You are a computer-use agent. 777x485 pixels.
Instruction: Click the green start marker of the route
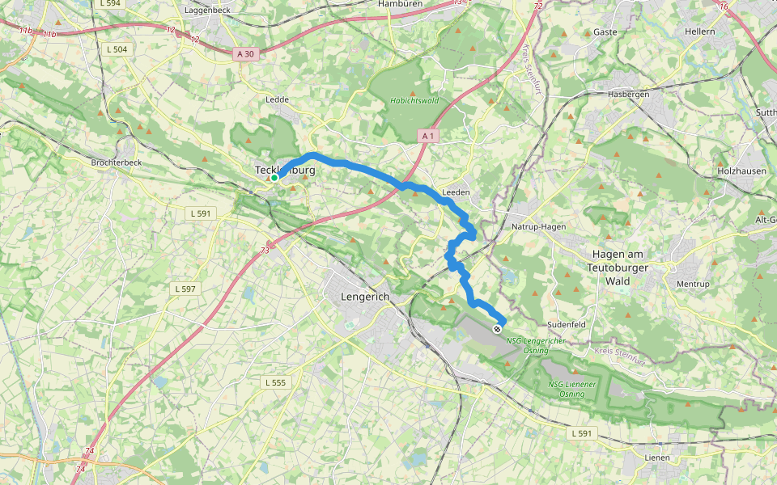click(274, 178)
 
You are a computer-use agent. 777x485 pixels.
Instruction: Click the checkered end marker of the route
click(497, 329)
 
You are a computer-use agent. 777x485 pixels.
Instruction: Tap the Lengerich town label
click(365, 297)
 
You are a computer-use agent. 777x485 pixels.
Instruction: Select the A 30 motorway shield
click(246, 53)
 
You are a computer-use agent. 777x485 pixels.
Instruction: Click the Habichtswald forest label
click(414, 101)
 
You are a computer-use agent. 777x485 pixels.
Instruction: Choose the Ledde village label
click(278, 99)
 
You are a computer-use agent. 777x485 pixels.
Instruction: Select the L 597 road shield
click(185, 289)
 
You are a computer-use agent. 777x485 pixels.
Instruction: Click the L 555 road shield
click(275, 382)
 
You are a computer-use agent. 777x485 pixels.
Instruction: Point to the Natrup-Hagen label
click(539, 227)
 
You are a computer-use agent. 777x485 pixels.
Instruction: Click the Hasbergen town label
click(630, 95)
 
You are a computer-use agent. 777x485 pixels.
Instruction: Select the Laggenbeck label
click(209, 11)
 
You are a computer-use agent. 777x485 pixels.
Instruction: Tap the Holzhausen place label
click(741, 171)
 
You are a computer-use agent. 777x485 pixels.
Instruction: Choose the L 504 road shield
click(117, 49)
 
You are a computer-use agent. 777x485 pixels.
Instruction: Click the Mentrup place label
click(692, 285)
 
